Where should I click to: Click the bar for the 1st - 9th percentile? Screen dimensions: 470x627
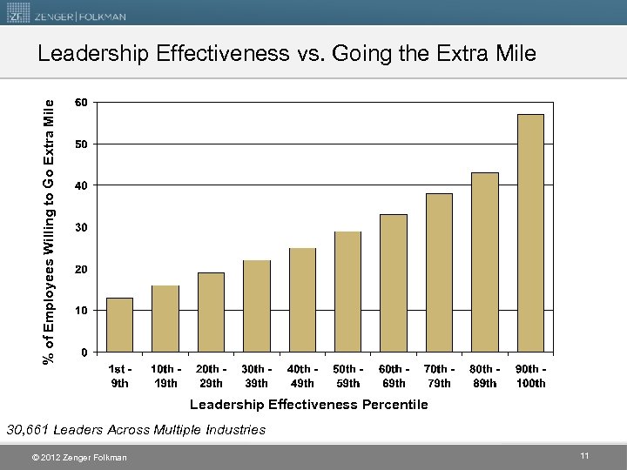[119, 325]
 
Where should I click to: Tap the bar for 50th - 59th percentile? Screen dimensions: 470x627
[347, 292]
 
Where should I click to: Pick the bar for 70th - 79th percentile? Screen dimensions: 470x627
[439, 272]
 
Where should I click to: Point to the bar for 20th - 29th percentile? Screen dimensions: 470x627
[211, 312]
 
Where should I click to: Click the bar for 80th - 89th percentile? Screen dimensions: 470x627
[484, 262]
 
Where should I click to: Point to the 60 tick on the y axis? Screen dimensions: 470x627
[80, 102]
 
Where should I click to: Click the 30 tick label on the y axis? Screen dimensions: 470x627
[80, 227]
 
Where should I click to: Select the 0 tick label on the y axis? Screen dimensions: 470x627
[83, 352]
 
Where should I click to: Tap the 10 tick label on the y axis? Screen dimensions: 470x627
[80, 311]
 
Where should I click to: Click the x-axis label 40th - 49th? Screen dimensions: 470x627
[302, 376]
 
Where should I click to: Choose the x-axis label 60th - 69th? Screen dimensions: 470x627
[394, 376]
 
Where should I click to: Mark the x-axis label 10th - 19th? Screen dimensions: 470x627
[165, 376]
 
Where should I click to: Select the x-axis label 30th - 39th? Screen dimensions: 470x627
[257, 376]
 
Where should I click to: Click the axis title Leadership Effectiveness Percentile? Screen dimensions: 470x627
[309, 405]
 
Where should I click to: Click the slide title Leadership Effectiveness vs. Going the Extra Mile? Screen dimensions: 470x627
[287, 54]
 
